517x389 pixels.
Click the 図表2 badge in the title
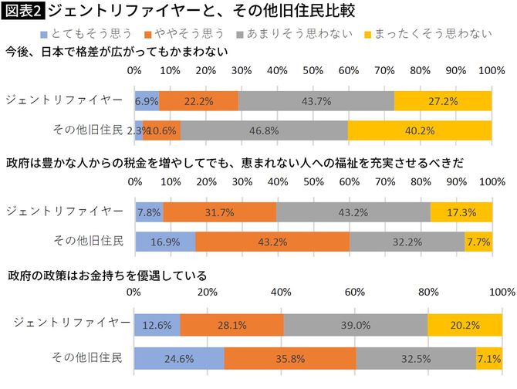coord(22,12)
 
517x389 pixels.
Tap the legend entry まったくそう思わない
coord(425,34)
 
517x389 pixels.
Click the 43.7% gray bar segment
coord(316,101)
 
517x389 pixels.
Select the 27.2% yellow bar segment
coord(443,101)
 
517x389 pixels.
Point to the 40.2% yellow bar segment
coord(420,130)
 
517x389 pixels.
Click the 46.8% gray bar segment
coord(264,130)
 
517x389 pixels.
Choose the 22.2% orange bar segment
coord(198,101)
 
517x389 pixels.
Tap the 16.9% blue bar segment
coord(164,242)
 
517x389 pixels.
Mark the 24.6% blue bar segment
coord(179,359)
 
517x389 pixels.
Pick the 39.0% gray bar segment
coord(355,325)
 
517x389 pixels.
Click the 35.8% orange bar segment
coord(290,359)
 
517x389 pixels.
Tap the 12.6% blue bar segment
coord(157,325)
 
